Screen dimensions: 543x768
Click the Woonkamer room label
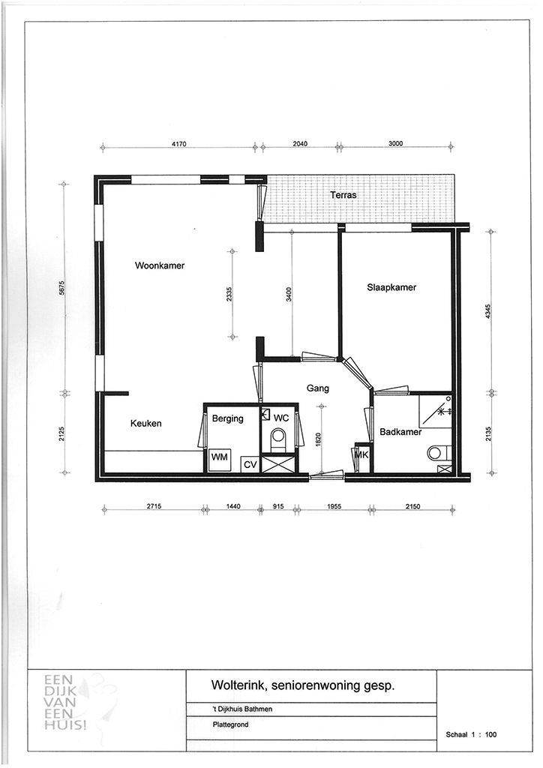pos(160,266)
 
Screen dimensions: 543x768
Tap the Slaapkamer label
pos(391,287)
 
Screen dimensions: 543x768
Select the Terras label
pos(343,195)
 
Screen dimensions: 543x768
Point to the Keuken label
pos(146,423)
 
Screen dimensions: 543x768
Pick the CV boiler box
pos(250,464)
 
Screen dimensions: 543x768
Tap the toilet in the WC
pos(278,439)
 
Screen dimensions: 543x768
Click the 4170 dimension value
pos(179,144)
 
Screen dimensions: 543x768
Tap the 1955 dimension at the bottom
pos(334,506)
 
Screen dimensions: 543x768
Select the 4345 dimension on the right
pos(488,312)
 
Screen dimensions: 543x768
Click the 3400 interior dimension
pos(289,294)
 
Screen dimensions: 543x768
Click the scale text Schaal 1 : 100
pos(471,734)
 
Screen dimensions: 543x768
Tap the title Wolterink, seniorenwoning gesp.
pos(302,685)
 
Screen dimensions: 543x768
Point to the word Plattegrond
pos(230,724)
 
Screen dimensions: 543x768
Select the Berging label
pos(228,418)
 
